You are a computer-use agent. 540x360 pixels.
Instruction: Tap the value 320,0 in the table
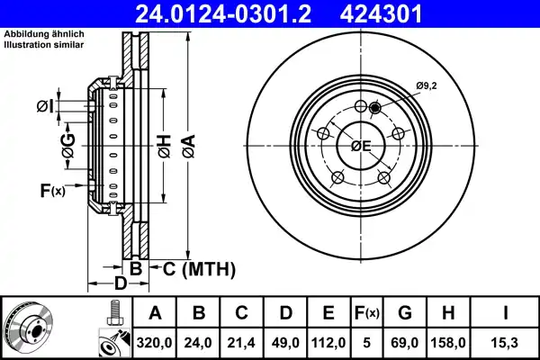point(155,342)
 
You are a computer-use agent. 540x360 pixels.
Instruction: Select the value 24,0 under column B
point(199,342)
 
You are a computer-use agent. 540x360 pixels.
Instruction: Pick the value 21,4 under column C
point(242,342)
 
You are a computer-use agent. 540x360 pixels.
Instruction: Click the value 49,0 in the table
point(285,342)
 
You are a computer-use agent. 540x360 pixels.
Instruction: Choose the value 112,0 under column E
point(328,342)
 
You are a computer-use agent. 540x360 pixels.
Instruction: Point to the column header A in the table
point(155,313)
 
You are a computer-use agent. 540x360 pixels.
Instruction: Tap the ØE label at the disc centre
point(360,147)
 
